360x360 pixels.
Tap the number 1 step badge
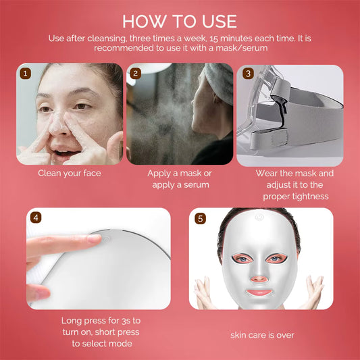(26, 73)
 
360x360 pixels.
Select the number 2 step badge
(136, 73)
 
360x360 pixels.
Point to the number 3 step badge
(247, 73)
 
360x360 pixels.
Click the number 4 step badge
(35, 217)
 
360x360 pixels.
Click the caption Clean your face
(70, 173)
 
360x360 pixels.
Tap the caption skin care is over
(262, 334)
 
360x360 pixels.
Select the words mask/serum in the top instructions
(240, 49)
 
